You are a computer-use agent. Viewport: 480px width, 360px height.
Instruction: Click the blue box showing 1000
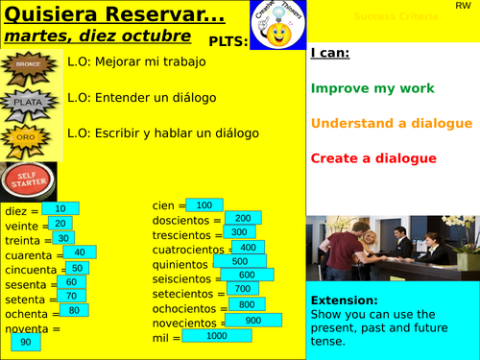[x=217, y=335]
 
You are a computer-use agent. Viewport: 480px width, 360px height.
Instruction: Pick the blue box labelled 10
[x=60, y=208]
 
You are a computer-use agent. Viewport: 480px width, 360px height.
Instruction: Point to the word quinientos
[x=179, y=263]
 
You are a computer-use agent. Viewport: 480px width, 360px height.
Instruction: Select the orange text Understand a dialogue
[x=391, y=124]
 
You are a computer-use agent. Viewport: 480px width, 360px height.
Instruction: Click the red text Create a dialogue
[x=373, y=158]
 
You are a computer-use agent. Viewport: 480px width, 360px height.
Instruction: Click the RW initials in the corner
[x=463, y=7]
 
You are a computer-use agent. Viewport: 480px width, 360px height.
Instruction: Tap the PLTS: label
[x=228, y=41]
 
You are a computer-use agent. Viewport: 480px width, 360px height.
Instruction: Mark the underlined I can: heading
[x=329, y=55]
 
